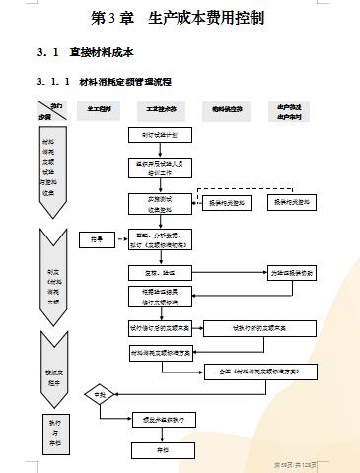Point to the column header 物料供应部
226,109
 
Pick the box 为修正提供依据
293,273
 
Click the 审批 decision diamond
98,396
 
